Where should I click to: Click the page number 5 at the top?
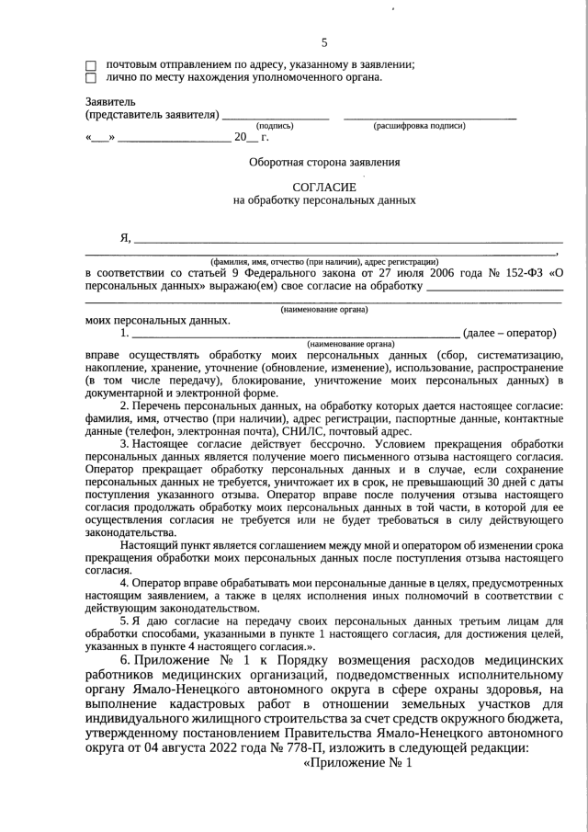[x=323, y=42]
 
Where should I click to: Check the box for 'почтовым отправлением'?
[x=90, y=65]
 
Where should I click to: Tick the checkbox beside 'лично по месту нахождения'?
[x=90, y=78]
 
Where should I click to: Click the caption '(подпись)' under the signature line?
[x=275, y=126]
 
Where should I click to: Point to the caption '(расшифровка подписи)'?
[x=419, y=126]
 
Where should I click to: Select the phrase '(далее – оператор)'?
[x=510, y=333]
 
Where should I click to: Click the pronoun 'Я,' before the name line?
[x=126, y=238]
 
